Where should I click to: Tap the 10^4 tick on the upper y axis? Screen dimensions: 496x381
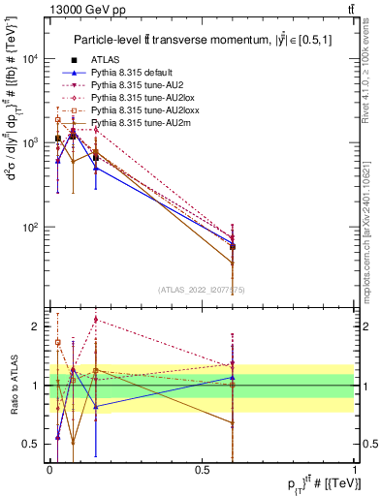[x=31, y=58]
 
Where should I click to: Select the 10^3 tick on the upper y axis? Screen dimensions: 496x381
[x=31, y=142]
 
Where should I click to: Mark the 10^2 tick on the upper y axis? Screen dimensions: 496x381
[x=31, y=228]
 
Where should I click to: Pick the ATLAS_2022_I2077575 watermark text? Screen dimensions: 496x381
[x=202, y=289]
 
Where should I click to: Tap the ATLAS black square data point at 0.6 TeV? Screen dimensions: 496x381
[x=233, y=247]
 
